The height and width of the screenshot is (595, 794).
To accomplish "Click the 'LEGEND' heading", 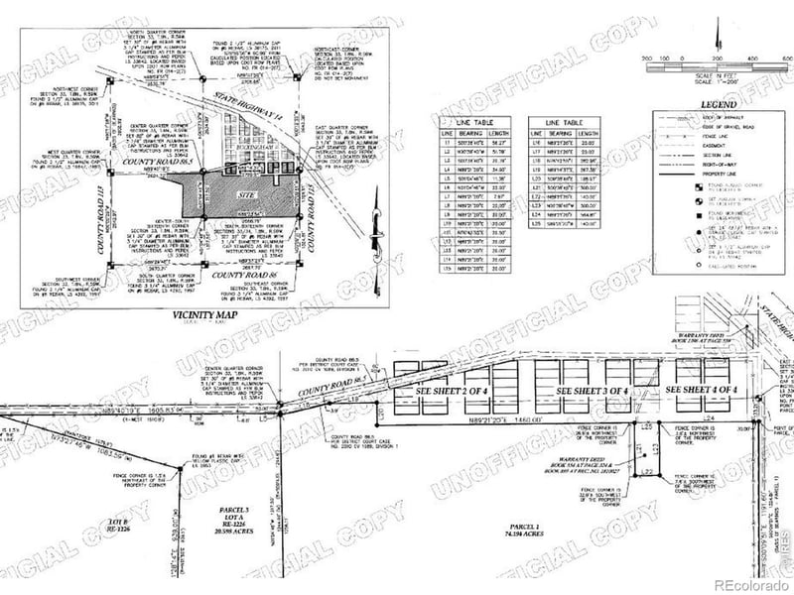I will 718,103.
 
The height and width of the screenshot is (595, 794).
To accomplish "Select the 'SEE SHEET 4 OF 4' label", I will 702,390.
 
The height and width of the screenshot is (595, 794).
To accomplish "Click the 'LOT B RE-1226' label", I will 113,524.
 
